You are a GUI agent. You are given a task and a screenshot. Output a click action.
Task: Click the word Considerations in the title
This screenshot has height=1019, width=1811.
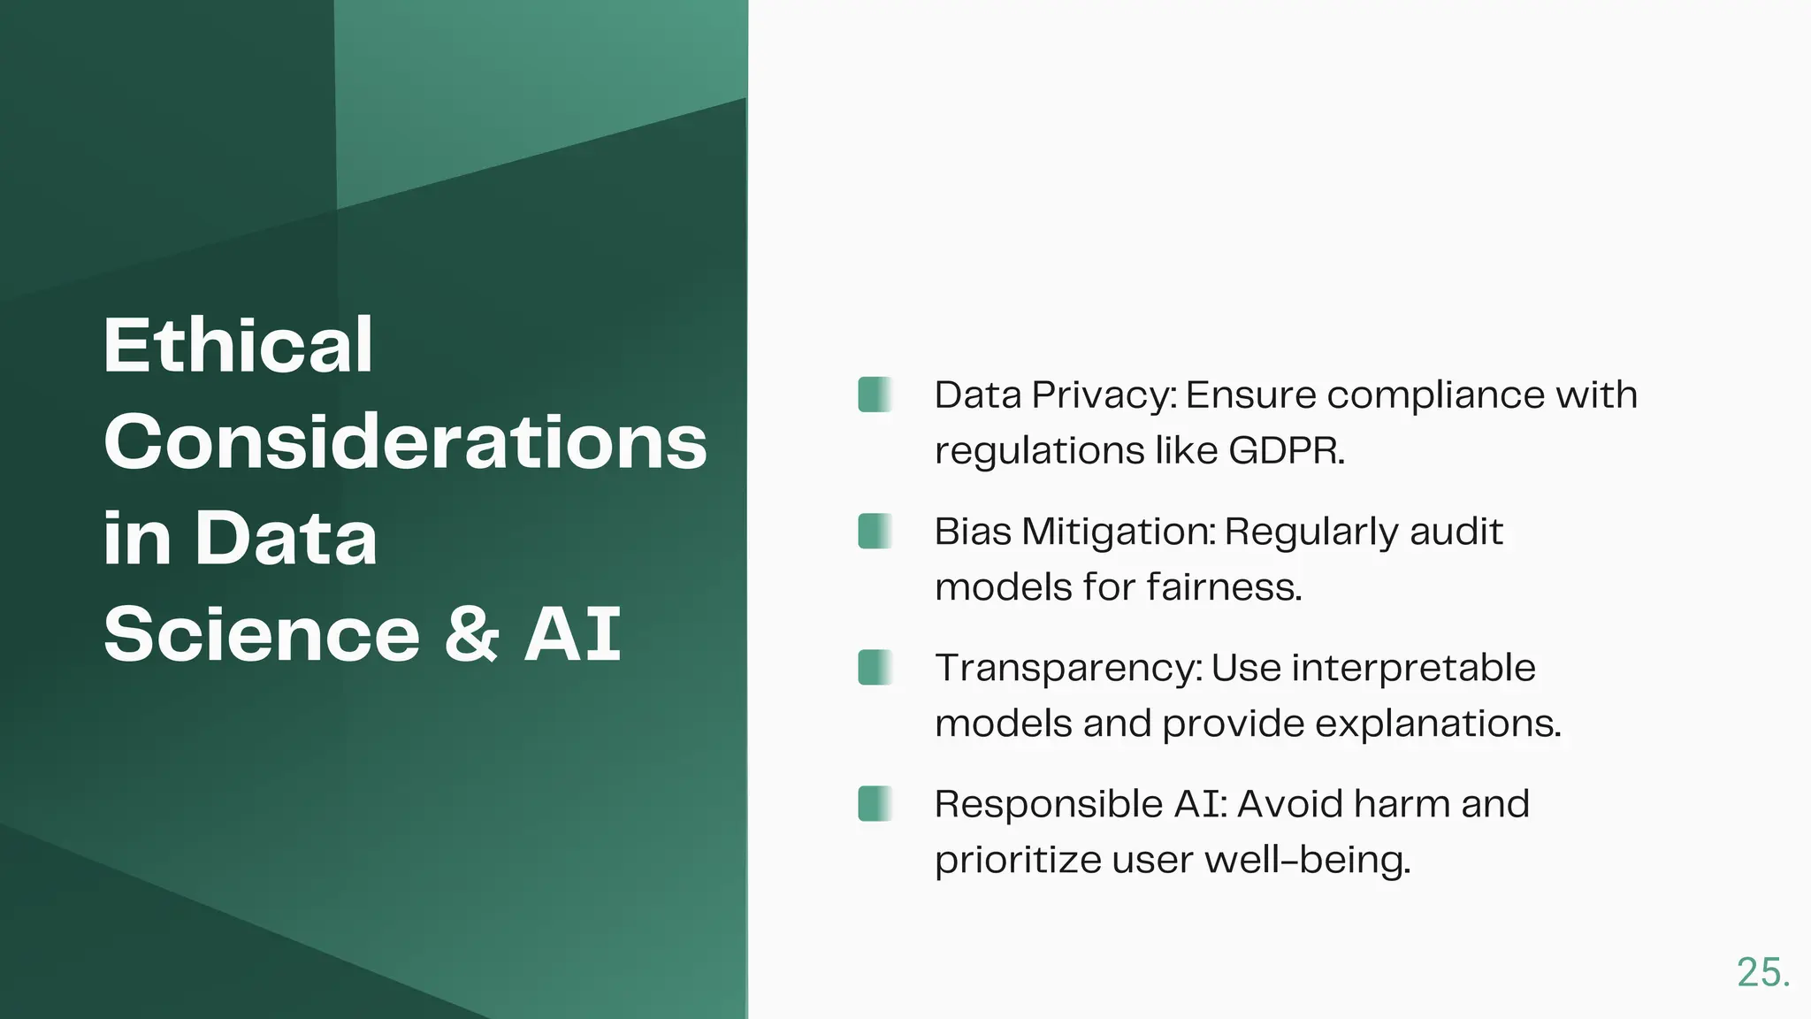coord(405,441)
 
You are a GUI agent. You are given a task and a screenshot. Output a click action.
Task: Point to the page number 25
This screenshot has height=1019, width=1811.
coord(1762,973)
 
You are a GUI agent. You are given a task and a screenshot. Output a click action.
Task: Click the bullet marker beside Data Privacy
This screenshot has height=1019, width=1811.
coord(875,395)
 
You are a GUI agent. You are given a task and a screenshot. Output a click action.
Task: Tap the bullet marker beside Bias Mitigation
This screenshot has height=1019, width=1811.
coord(875,531)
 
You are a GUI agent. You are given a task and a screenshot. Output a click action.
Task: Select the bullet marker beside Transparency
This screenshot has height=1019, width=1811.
coord(875,667)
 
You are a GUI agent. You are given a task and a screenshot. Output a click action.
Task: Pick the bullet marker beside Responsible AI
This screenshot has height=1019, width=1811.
coord(875,803)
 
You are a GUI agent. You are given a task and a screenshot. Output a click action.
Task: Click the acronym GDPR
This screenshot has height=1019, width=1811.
coord(1286,451)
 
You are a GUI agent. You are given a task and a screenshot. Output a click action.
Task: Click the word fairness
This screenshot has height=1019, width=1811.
coord(1224,587)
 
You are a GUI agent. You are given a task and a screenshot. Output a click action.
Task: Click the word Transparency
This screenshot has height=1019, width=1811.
coord(1068,669)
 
